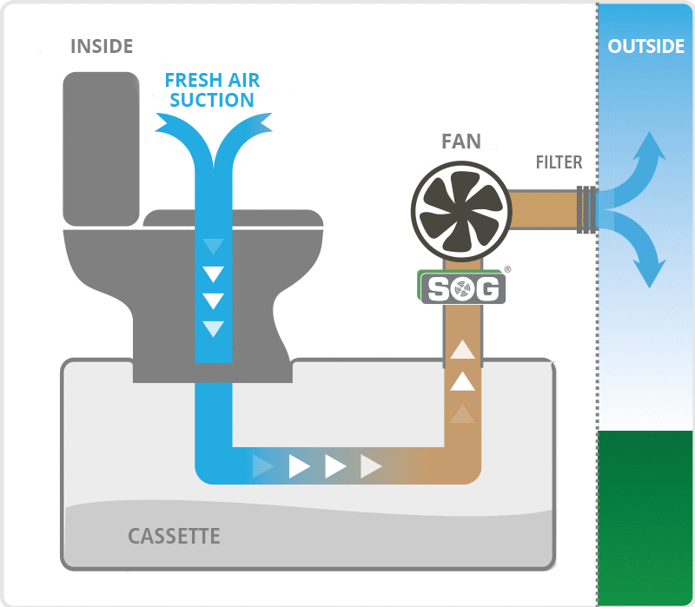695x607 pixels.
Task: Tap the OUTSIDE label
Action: pos(645,46)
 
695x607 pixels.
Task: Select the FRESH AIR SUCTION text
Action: pos(212,90)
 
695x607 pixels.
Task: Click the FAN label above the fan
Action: pos(460,142)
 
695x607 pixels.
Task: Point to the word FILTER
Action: pos(559,162)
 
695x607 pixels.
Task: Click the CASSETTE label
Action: pos(174,536)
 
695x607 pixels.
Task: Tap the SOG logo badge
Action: pos(462,288)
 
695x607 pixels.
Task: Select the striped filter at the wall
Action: pos(587,209)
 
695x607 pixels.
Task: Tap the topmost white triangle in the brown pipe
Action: pos(462,349)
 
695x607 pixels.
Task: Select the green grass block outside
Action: pos(645,517)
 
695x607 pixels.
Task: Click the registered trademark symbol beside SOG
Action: pos(507,270)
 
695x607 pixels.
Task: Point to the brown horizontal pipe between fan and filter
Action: pos(542,209)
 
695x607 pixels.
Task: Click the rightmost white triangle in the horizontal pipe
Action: pos(371,466)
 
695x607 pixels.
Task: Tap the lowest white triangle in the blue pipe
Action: pos(213,329)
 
